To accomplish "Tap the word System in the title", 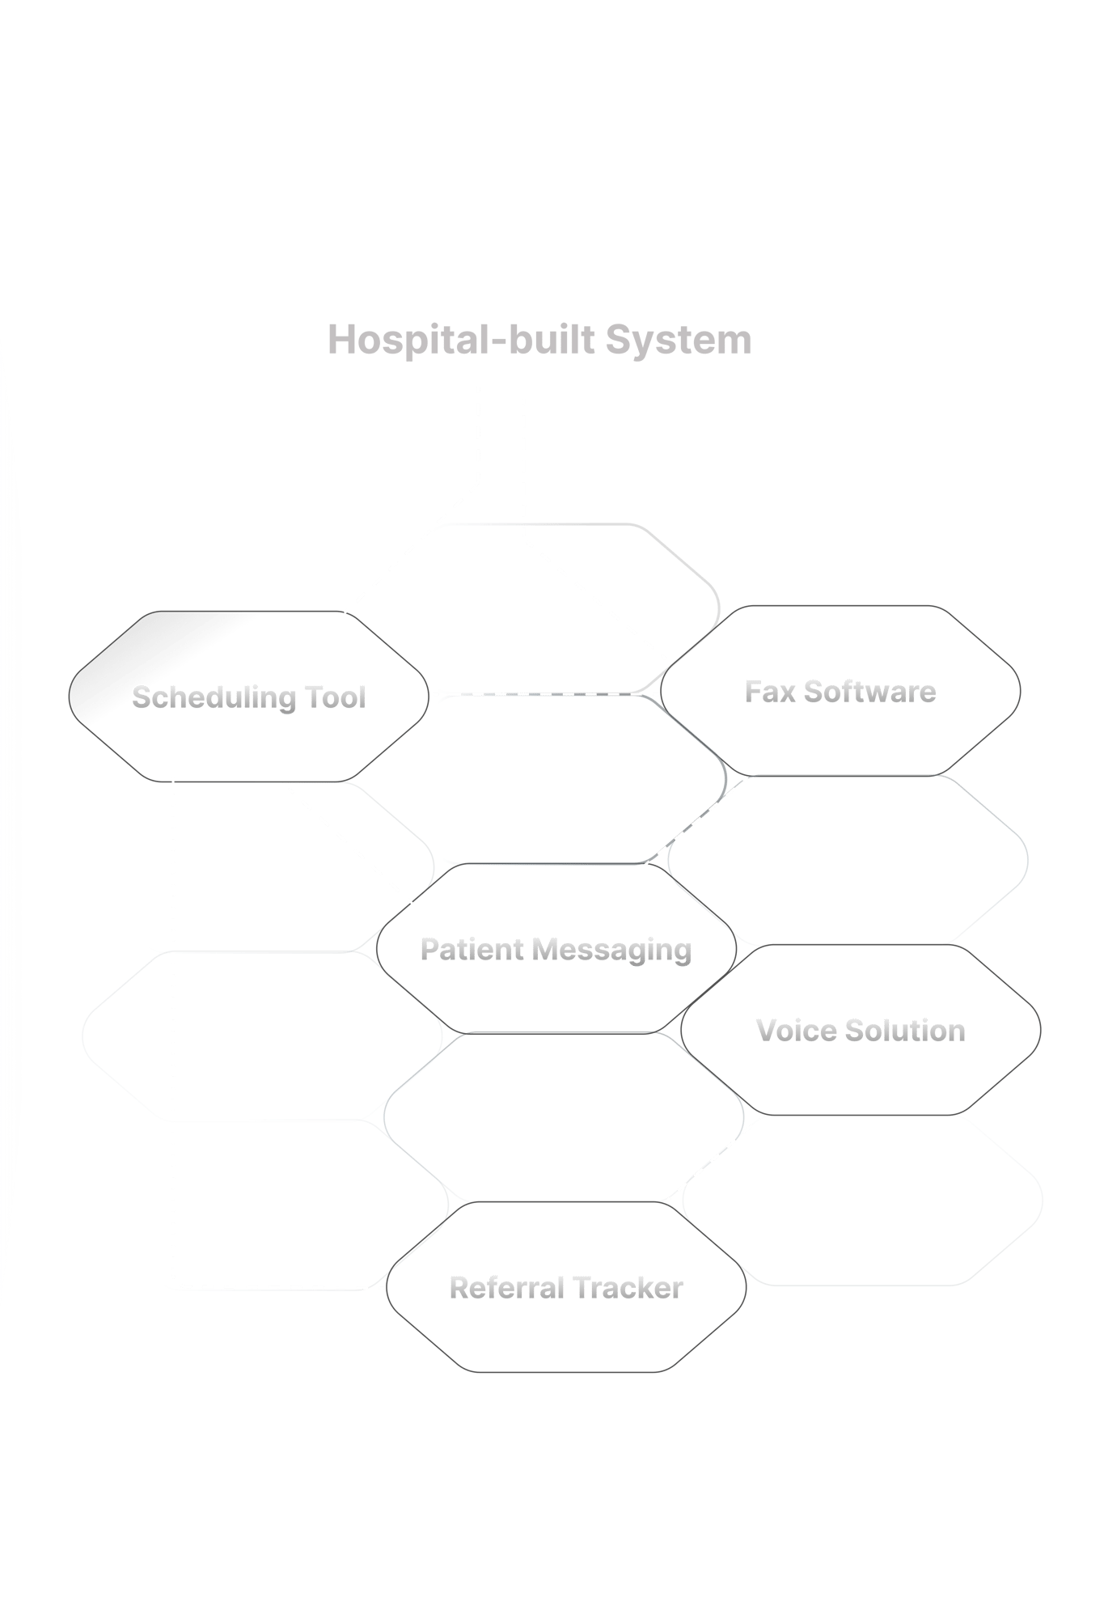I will (679, 340).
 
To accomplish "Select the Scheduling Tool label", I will (249, 697).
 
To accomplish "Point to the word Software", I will (869, 693).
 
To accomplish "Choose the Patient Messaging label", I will (556, 950).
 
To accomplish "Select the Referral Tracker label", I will (566, 1287).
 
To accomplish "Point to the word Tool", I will (335, 697).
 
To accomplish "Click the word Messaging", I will (612, 951).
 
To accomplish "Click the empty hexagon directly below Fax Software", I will (848, 859).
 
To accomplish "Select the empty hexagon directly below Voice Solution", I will (862, 1200).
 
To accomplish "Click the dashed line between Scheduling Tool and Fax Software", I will (542, 694).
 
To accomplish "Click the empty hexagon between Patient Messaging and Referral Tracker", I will (563, 1116).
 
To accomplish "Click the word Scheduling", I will (214, 697).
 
